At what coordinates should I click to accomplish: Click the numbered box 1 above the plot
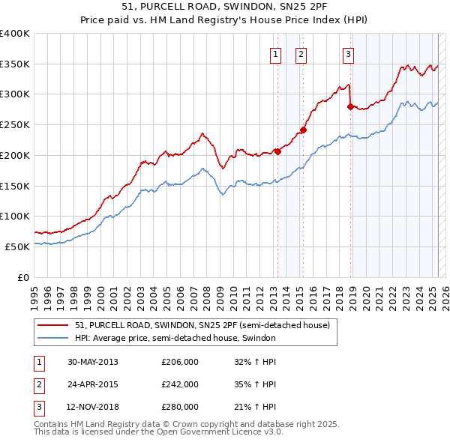point(275,53)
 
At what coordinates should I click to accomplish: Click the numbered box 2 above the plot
point(301,53)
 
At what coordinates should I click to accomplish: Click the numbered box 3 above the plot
point(349,53)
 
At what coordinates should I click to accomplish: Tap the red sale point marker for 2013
point(277,151)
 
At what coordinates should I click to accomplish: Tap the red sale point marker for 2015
point(304,130)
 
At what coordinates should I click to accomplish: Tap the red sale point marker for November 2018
point(350,106)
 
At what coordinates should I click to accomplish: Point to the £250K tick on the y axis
point(15,124)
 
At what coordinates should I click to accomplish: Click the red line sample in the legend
point(53,326)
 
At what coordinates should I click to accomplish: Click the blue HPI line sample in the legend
point(53,339)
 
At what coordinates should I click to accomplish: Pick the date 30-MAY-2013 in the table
point(93,362)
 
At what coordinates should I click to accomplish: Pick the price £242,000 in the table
point(180,384)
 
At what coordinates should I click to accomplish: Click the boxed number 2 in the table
point(37,384)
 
